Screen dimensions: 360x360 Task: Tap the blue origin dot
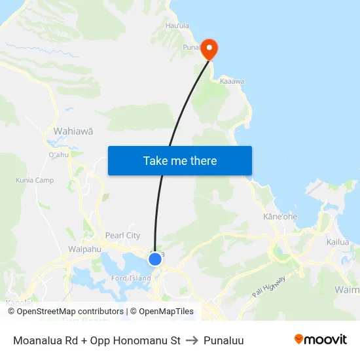(155, 259)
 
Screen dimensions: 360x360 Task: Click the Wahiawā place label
(73, 131)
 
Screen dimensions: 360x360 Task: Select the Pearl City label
(122, 236)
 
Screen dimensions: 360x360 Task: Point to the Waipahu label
(84, 249)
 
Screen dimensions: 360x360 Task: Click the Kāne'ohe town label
(280, 217)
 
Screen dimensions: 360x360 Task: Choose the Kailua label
(338, 242)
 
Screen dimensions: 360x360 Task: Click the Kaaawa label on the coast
(232, 81)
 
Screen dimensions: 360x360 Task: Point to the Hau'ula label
(177, 26)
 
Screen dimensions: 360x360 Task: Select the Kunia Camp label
(35, 180)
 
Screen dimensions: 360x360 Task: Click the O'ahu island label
(58, 155)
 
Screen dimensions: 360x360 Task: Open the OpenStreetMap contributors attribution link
(65, 312)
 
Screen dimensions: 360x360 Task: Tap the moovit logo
(320, 340)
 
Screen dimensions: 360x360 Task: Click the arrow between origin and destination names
(192, 340)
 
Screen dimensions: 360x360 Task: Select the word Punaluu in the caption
(223, 340)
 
